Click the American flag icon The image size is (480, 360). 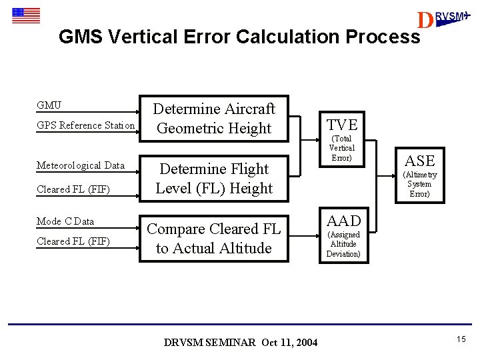point(26,15)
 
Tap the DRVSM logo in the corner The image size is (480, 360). point(442,19)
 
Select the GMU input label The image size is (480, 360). point(49,105)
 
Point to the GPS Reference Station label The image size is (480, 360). point(85,125)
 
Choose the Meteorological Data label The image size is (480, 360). point(80,165)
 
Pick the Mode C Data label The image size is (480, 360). point(65,221)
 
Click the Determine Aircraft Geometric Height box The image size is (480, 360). point(213,118)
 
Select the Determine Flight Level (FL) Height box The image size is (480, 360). point(213,178)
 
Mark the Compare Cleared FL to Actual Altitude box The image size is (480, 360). point(213,238)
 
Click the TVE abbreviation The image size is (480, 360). point(342,125)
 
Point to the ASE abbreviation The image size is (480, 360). point(419,161)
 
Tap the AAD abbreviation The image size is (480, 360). point(343,221)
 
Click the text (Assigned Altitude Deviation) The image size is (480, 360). point(343,244)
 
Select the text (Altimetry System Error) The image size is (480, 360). point(419,184)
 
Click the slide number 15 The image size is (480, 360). point(461,340)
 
